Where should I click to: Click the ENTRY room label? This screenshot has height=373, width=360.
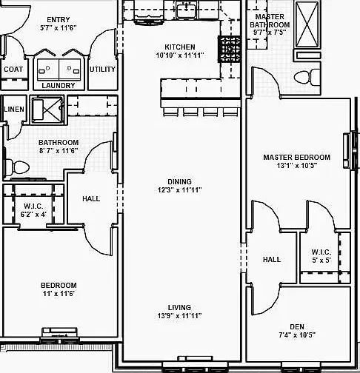coord(59,19)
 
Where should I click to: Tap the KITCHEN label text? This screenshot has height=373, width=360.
coord(180,47)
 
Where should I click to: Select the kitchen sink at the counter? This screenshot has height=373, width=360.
coord(187,10)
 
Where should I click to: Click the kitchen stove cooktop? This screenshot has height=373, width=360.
coord(230,49)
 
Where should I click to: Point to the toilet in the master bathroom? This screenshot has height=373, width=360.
coord(307,77)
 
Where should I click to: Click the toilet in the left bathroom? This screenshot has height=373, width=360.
coord(16,167)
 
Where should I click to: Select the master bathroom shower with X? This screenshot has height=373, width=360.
coord(307,24)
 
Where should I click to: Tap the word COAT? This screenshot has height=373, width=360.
coord(13,70)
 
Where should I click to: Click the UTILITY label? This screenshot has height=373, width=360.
coord(102,70)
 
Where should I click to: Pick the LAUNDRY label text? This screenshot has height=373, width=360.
coord(59,85)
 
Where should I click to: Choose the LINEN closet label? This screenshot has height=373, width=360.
coord(14,109)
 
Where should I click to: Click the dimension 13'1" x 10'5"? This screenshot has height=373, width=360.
coord(296,166)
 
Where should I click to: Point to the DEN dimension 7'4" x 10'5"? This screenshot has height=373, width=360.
coord(297,335)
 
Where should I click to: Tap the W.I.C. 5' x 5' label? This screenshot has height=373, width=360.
coord(321,256)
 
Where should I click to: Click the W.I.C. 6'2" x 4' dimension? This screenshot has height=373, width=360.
coord(33,215)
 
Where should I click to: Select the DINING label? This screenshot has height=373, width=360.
coord(179,181)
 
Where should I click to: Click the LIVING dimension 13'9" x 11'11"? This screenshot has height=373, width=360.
coord(179,315)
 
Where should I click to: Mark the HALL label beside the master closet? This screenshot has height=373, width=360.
coord(272,259)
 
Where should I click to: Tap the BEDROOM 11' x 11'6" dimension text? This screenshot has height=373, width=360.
coord(59,294)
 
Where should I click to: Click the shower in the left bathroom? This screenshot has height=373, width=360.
coord(47,110)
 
